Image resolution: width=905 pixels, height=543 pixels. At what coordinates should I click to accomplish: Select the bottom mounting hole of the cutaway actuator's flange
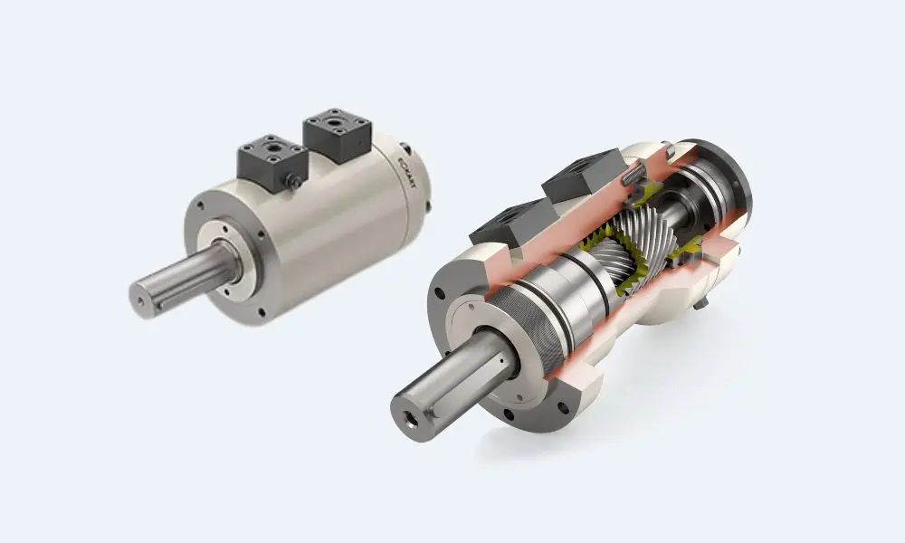point(513,417)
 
